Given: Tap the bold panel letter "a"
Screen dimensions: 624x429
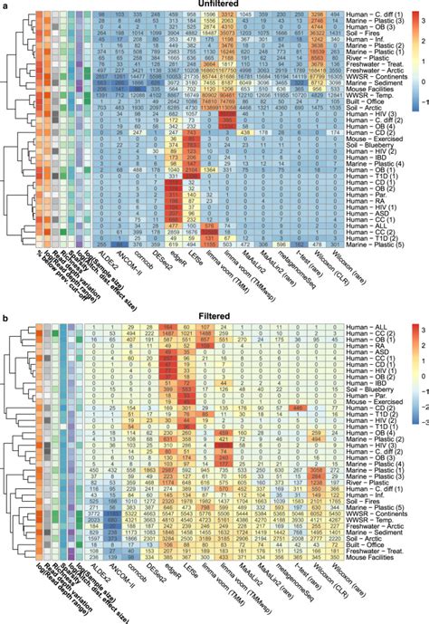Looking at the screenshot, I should [5, 5].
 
